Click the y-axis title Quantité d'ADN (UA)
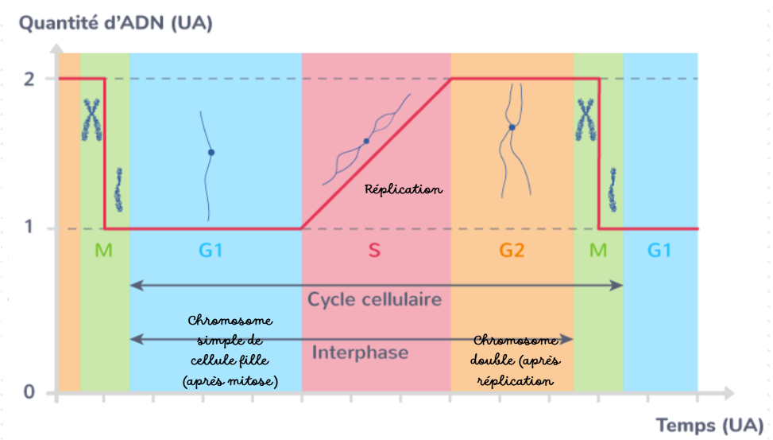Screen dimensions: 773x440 (x=116, y=23)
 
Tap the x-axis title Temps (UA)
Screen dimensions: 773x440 (x=709, y=425)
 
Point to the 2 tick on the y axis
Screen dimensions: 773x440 (x=29, y=79)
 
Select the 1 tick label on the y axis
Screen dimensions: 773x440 (x=29, y=227)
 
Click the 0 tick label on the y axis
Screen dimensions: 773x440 (x=29, y=392)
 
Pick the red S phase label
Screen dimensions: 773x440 (x=374, y=251)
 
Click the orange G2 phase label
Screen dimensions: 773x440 (x=512, y=251)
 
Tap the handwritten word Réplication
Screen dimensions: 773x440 (x=404, y=189)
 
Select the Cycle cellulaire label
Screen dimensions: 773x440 (x=375, y=299)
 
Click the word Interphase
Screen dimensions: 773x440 (x=361, y=352)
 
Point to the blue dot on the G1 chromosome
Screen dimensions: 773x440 (x=211, y=153)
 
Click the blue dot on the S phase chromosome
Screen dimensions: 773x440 (x=366, y=142)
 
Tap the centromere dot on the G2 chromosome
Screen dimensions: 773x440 (x=512, y=127)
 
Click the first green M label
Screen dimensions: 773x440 (x=103, y=251)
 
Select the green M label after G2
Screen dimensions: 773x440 (x=598, y=251)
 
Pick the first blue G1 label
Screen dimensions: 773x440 (x=211, y=251)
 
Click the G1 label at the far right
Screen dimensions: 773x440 (x=659, y=251)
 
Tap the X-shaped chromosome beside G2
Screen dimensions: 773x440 (x=586, y=119)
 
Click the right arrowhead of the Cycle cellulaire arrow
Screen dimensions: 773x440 (x=616, y=285)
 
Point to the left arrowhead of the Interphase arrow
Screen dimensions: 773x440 (x=137, y=339)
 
